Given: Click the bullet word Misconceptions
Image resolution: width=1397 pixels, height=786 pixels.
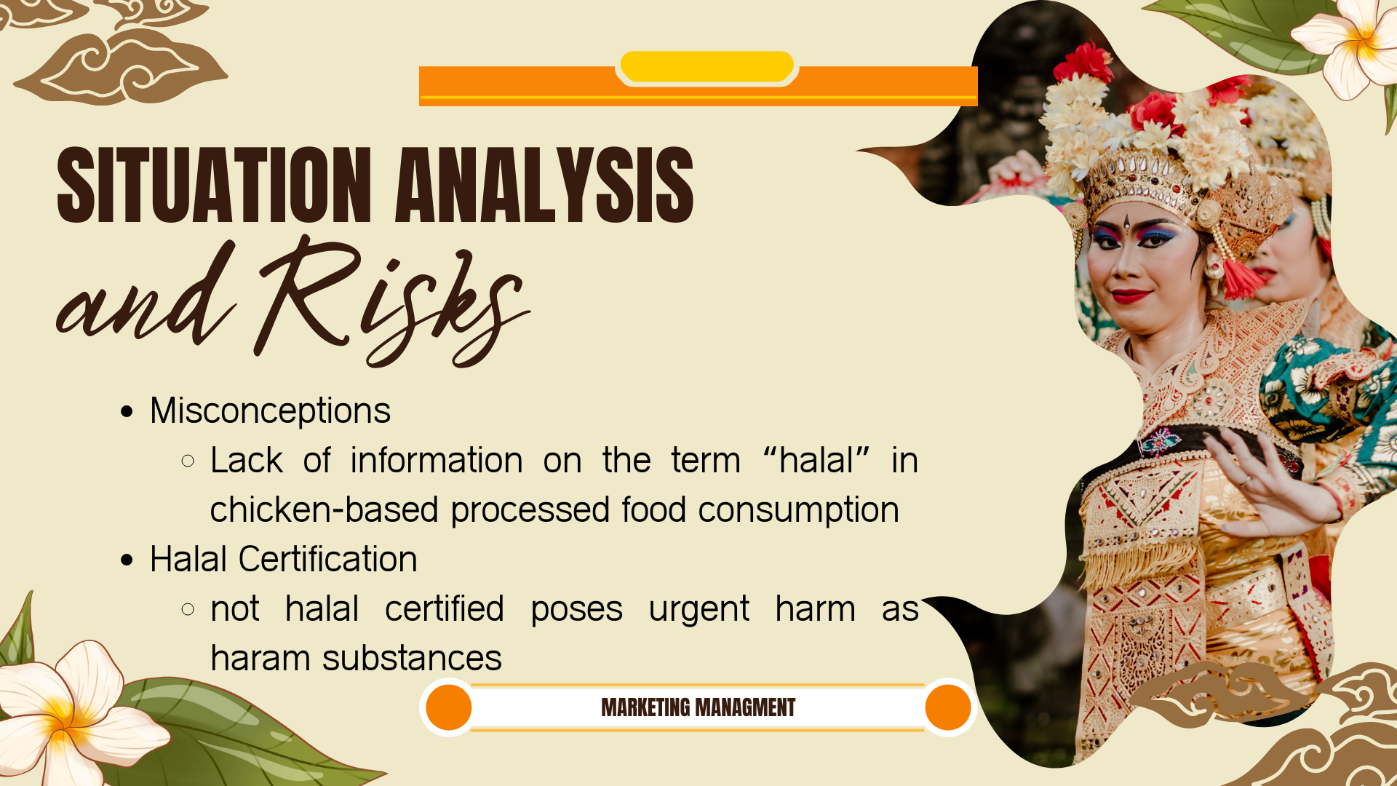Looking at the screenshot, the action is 270,411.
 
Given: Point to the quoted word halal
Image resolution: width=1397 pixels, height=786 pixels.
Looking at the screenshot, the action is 816,461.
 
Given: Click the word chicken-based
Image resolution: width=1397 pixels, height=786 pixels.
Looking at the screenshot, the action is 324,509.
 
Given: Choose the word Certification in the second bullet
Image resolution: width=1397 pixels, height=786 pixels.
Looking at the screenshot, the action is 327,560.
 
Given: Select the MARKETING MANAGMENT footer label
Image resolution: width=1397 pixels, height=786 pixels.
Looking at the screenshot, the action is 698,707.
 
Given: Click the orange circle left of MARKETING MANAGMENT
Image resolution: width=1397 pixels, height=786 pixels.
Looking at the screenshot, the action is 448,707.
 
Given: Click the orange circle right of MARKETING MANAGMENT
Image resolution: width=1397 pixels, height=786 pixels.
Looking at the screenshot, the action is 947,707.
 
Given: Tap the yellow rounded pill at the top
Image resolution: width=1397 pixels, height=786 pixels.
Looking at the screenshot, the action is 707,66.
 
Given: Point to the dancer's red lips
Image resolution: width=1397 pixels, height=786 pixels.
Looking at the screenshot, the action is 1131,296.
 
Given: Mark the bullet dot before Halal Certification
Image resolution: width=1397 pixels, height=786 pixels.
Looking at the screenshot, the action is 127,560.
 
